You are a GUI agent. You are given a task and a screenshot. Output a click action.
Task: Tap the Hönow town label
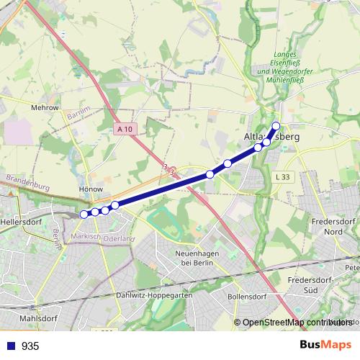pos(91,190)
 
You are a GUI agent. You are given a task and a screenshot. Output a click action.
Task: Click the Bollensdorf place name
pos(247,296)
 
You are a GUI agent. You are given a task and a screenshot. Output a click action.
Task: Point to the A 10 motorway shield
pos(125,129)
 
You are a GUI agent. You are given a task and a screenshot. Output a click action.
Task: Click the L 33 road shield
pos(283,177)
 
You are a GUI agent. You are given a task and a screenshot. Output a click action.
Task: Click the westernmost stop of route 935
pos(84,214)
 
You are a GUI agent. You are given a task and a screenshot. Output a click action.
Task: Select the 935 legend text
pos(30,346)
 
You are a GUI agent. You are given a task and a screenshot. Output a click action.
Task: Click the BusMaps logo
pos(325,345)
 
